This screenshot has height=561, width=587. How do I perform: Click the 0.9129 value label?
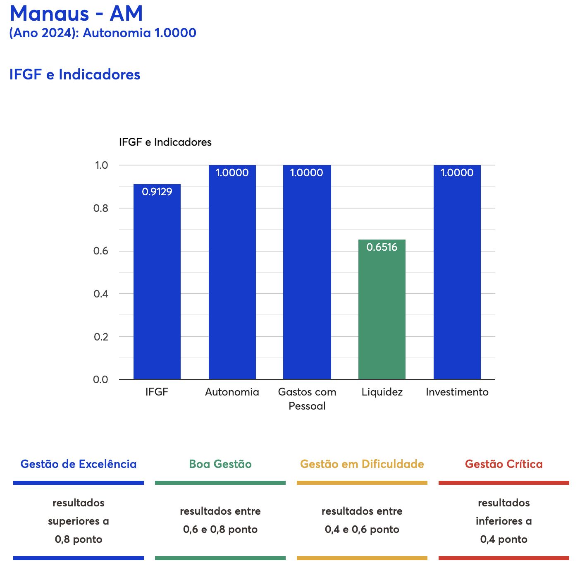pos(157,192)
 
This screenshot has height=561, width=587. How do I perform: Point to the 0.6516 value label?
pos(382,247)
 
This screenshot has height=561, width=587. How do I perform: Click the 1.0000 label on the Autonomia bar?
pos(232,173)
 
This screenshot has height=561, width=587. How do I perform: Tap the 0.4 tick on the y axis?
pos(100,294)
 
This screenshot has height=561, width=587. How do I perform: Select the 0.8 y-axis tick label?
pos(100,208)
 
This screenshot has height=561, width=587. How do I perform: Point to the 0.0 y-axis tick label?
pos(100,379)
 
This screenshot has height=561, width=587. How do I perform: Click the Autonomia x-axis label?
pos(232,392)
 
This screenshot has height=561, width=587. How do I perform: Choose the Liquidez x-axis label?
pos(382,392)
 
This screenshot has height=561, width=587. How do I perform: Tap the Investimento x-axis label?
pos(457,392)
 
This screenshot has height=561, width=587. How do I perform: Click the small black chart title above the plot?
pos(165,142)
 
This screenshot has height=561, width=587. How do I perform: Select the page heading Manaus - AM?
pos(76,13)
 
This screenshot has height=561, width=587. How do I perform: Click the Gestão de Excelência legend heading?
pos(79,464)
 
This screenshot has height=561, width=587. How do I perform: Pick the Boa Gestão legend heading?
pos(220,464)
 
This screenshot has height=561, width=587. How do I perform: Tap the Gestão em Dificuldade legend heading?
pos(362,464)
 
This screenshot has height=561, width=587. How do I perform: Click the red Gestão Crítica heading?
pos(503,464)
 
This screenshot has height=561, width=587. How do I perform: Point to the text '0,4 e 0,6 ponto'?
pos(362,529)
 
